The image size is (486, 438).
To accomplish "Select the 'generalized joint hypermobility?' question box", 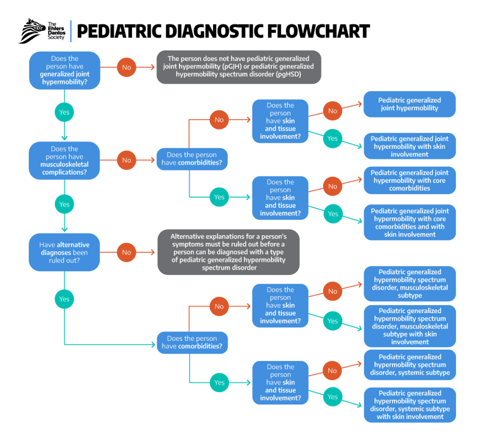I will [65, 70].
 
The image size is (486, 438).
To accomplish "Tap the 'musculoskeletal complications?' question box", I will [65, 161].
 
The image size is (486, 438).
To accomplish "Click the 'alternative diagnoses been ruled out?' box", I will [65, 252].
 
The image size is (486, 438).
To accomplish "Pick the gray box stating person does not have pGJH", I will [239, 67].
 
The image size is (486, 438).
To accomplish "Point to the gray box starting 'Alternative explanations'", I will [228, 252].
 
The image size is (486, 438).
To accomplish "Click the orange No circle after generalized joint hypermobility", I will [126, 67].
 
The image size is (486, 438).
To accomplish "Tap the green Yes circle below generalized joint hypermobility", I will [64, 112].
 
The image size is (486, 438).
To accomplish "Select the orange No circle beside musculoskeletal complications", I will [126, 161].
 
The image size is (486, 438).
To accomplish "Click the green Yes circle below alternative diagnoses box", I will [64, 299].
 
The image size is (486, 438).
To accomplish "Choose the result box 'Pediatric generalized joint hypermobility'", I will [409, 104].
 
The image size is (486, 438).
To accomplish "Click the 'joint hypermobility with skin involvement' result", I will [409, 146].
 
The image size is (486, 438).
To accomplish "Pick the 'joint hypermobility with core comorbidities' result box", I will [409, 181].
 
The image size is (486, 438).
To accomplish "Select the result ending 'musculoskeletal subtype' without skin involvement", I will [409, 284].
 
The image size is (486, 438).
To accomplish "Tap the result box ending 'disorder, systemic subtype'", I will [409, 365].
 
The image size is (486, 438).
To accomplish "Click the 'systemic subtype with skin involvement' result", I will [409, 405].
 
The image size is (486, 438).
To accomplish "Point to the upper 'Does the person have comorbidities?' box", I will [192, 159].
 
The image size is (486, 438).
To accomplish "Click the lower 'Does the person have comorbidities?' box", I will [192, 343].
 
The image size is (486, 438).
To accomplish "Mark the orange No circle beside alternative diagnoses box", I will [126, 252].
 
